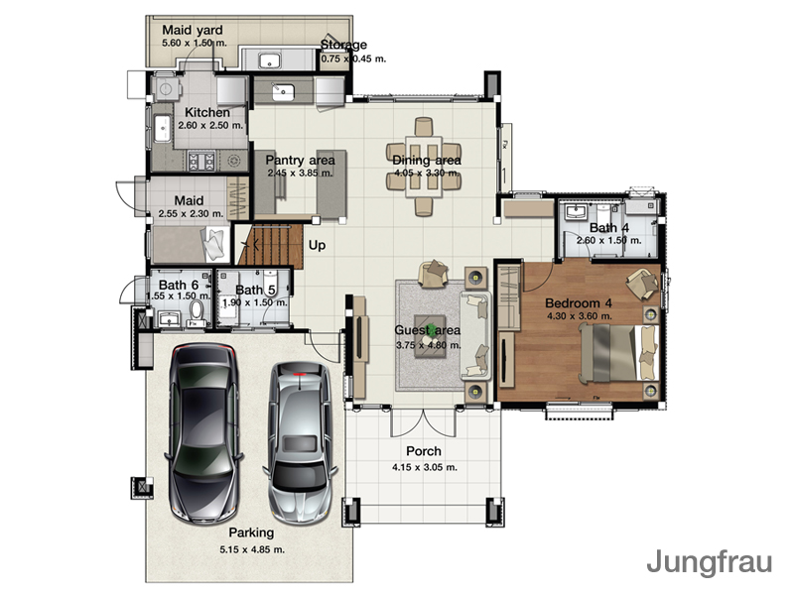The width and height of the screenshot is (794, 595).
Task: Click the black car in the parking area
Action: tap(203, 433)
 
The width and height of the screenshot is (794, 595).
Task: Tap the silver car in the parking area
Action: tap(300, 442)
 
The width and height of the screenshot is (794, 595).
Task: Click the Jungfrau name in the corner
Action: tap(709, 562)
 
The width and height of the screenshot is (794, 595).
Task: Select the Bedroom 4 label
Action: tap(579, 303)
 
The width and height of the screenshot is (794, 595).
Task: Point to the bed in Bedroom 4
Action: tap(618, 353)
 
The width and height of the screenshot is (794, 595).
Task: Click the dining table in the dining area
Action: tap(424, 167)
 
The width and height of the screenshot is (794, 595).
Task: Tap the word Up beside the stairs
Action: tap(317, 245)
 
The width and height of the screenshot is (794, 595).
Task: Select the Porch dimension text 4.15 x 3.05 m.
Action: tap(425, 467)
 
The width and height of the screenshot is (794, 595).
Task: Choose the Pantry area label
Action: tap(301, 160)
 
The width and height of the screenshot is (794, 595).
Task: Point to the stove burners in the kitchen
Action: tap(202, 161)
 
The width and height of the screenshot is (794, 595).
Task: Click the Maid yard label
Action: tap(193, 30)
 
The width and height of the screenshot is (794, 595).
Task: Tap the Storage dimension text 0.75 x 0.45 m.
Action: tap(353, 59)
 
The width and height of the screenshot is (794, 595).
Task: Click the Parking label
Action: tap(251, 533)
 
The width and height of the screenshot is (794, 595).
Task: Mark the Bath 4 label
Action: tap(609, 228)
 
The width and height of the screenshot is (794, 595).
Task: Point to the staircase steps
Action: tap(270, 246)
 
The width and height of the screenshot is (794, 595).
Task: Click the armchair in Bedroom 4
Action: tap(642, 283)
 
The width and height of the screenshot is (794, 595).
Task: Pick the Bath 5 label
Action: tap(256, 290)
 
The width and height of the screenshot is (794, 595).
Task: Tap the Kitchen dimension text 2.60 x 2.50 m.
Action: tap(210, 126)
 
